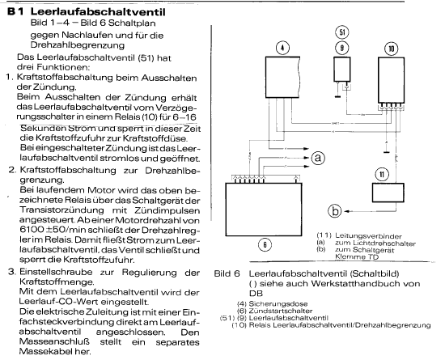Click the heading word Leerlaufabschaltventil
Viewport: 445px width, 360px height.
point(98,12)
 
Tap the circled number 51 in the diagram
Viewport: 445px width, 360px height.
point(342,32)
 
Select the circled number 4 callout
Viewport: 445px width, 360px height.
point(282,48)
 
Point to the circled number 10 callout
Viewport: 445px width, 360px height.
point(391,49)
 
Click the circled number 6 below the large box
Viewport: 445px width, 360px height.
point(265,244)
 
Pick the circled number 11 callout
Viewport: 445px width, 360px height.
point(382,174)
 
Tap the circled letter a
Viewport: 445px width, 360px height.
point(318,158)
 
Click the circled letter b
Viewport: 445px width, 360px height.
point(335,211)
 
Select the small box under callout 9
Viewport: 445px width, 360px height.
point(342,70)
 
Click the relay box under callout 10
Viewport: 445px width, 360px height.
point(391,80)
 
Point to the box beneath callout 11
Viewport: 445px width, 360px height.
point(388,193)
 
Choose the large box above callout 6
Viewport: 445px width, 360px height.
point(264,210)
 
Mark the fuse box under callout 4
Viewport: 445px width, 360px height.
point(282,77)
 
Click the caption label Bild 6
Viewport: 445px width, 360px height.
point(227,273)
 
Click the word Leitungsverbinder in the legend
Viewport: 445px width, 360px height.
point(368,236)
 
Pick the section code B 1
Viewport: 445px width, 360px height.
point(15,12)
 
